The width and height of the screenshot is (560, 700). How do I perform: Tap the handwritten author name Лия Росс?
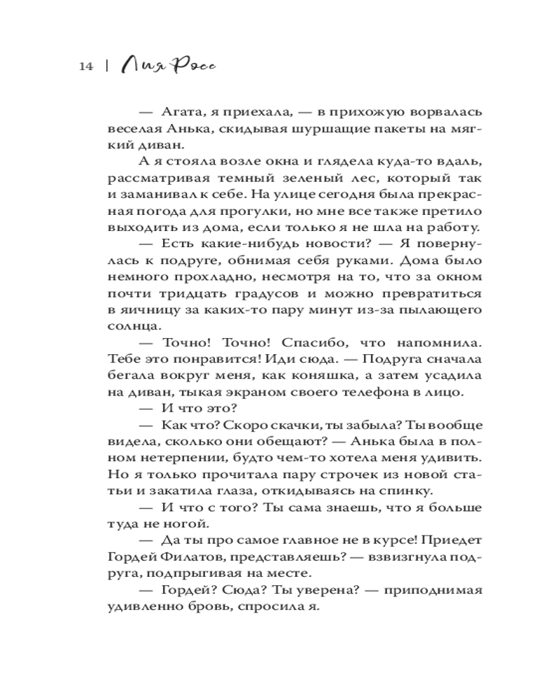167,65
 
